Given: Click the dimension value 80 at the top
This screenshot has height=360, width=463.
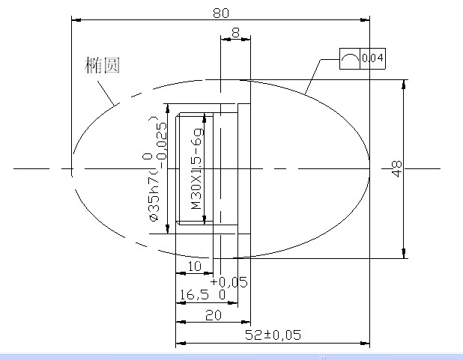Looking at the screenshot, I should (220, 13).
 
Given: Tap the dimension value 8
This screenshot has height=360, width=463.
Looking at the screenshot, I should (236, 32).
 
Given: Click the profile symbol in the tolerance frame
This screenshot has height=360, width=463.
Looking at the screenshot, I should (349, 58).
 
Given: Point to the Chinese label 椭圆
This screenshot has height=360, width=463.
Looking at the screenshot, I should (103, 65).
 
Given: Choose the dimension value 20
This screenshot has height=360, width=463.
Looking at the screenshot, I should (213, 315).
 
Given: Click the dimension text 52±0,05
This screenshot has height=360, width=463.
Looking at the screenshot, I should (273, 335).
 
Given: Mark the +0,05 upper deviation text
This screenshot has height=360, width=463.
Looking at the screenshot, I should (229, 281).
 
